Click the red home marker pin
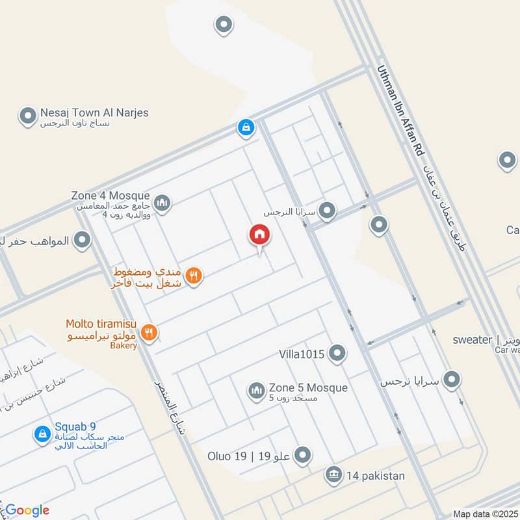pyautogui.click(x=259, y=235)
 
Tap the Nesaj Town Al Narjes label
pyautogui.click(x=94, y=113)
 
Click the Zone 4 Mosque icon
pyautogui.click(x=162, y=203)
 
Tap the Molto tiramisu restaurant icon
pyautogui.click(x=149, y=332)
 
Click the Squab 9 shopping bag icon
pyautogui.click(x=42, y=433)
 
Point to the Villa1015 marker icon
pyautogui.click(x=337, y=354)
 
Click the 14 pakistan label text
pyautogui.click(x=375, y=476)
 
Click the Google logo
pyautogui.click(x=27, y=510)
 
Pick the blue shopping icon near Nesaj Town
pyautogui.click(x=246, y=127)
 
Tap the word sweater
pyautogui.click(x=473, y=339)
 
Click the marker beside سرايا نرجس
pyautogui.click(x=451, y=380)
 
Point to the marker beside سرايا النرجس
pyautogui.click(x=327, y=211)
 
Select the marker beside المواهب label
pyautogui.click(x=82, y=241)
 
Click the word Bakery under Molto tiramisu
pyautogui.click(x=123, y=345)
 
